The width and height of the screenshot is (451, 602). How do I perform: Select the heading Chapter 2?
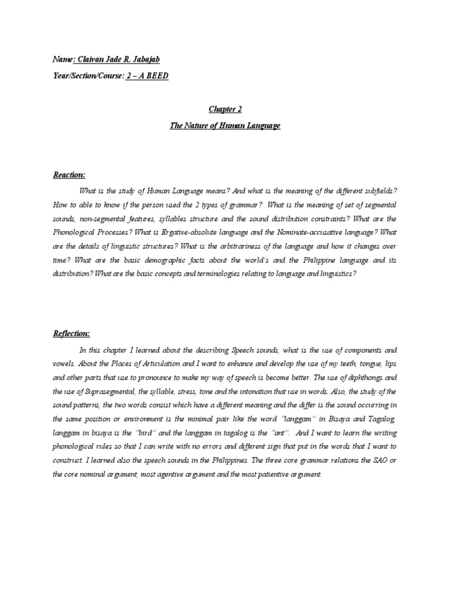click(225, 109)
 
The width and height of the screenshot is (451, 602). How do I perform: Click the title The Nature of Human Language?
click(225, 126)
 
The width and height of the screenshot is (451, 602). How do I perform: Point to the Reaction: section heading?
click(69, 175)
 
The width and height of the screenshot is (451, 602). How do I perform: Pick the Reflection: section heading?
click(71, 333)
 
